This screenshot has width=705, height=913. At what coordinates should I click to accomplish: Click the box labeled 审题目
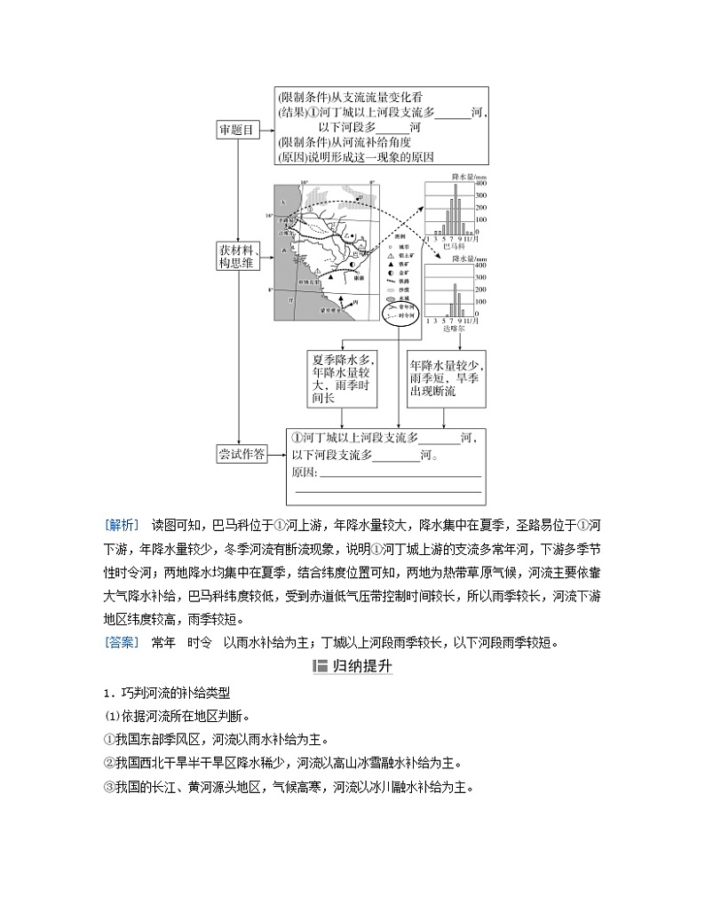click(236, 130)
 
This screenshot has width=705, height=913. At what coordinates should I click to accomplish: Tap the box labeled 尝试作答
click(242, 454)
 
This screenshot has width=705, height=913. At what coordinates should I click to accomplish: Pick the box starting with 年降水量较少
click(446, 379)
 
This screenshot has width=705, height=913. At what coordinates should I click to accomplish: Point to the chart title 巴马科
click(453, 245)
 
